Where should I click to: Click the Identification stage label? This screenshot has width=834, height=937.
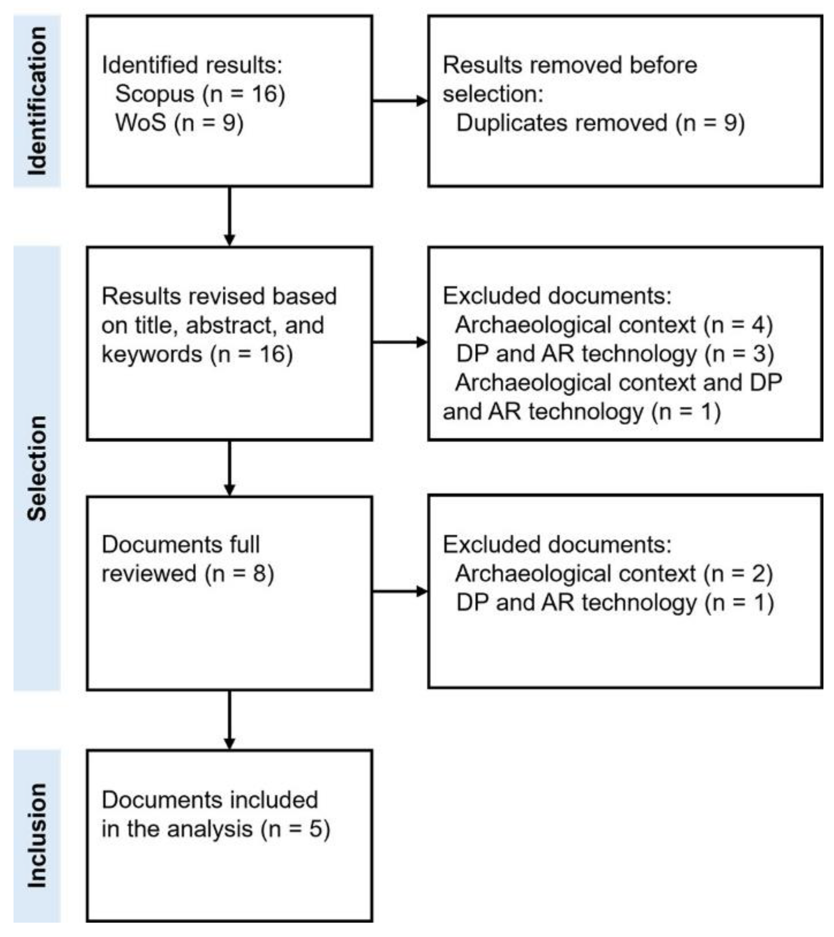coord(37,101)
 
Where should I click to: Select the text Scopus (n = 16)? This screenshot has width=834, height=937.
coord(200,94)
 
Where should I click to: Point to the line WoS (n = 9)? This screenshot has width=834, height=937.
coord(179,123)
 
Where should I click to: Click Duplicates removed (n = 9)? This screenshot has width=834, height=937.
coord(600,123)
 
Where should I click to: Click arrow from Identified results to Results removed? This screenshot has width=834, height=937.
coord(400,101)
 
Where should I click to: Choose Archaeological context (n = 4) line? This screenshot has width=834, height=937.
coord(614,325)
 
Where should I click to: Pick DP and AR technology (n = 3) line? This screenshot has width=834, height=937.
coord(615,354)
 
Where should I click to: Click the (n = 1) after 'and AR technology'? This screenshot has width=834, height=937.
coord(686,412)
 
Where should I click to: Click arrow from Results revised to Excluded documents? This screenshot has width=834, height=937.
coord(400,342)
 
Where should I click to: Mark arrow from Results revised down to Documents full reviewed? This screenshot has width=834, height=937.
coord(230,467)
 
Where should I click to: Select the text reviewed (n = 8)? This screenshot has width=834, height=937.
coord(187,573)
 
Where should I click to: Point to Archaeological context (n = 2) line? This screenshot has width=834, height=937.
coord(614,573)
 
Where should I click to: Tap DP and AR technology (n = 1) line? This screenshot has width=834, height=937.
coord(615,602)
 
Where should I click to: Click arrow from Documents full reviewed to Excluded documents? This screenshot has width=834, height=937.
coord(400,591)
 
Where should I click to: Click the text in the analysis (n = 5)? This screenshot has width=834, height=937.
coord(216,829)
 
